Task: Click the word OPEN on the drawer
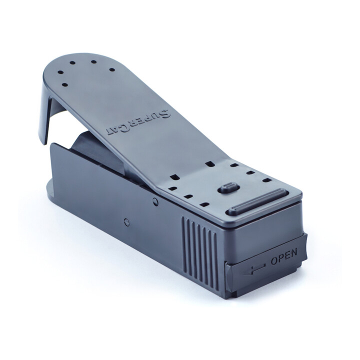(284, 257)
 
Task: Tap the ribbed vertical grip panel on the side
(199, 248)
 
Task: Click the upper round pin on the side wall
(155, 201)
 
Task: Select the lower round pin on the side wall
(126, 222)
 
